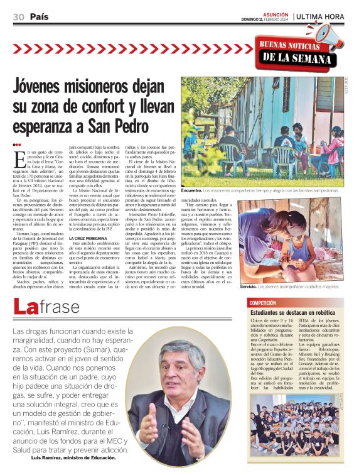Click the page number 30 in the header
tap(18, 17)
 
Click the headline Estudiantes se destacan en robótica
tap(292, 312)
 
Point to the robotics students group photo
tap(295, 424)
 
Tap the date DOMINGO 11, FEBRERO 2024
tap(266, 19)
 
